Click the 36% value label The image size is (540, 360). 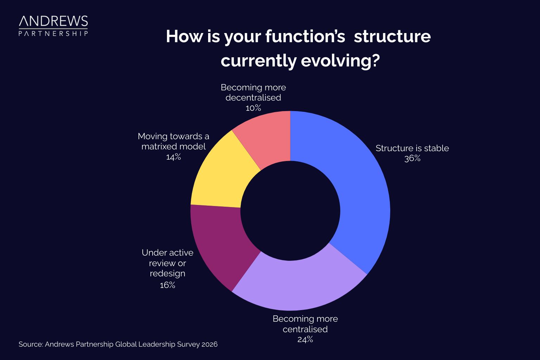pyautogui.click(x=412, y=159)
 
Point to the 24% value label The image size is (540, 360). pyautogui.click(x=305, y=340)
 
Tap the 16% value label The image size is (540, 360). pyautogui.click(x=167, y=285)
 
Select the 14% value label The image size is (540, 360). pyautogui.click(x=173, y=157)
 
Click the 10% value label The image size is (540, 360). pyautogui.click(x=253, y=108)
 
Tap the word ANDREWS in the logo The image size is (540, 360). pyautogui.click(x=53, y=21)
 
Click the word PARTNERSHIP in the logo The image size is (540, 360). pyautogui.click(x=53, y=33)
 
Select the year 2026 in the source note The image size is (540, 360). pyautogui.click(x=210, y=345)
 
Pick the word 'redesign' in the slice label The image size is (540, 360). pyautogui.click(x=167, y=274)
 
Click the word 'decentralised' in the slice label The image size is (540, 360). pyautogui.click(x=253, y=98)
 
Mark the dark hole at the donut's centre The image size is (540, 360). pyautogui.click(x=290, y=211)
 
